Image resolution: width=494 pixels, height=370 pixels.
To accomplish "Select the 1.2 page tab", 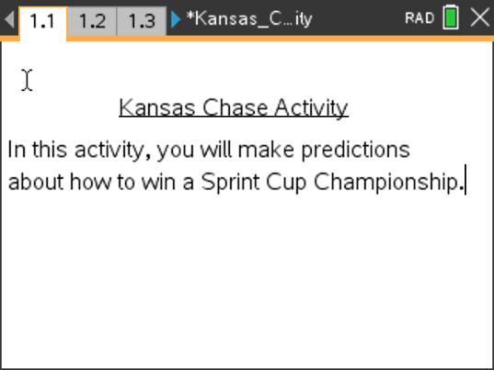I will (x=92, y=19).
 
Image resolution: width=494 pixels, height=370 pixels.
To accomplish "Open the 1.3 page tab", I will (x=141, y=19).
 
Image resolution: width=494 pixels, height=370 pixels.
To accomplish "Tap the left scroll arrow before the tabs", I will (x=8, y=18).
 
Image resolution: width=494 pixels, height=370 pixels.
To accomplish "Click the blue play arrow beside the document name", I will (x=176, y=18).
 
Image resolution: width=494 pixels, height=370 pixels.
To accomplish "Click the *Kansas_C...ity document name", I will (x=248, y=18).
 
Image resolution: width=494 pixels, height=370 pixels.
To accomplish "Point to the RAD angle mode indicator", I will (x=419, y=18).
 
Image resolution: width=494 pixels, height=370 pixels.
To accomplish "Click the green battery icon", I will (x=451, y=17).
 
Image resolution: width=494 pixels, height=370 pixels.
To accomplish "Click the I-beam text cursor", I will (x=28, y=81).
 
